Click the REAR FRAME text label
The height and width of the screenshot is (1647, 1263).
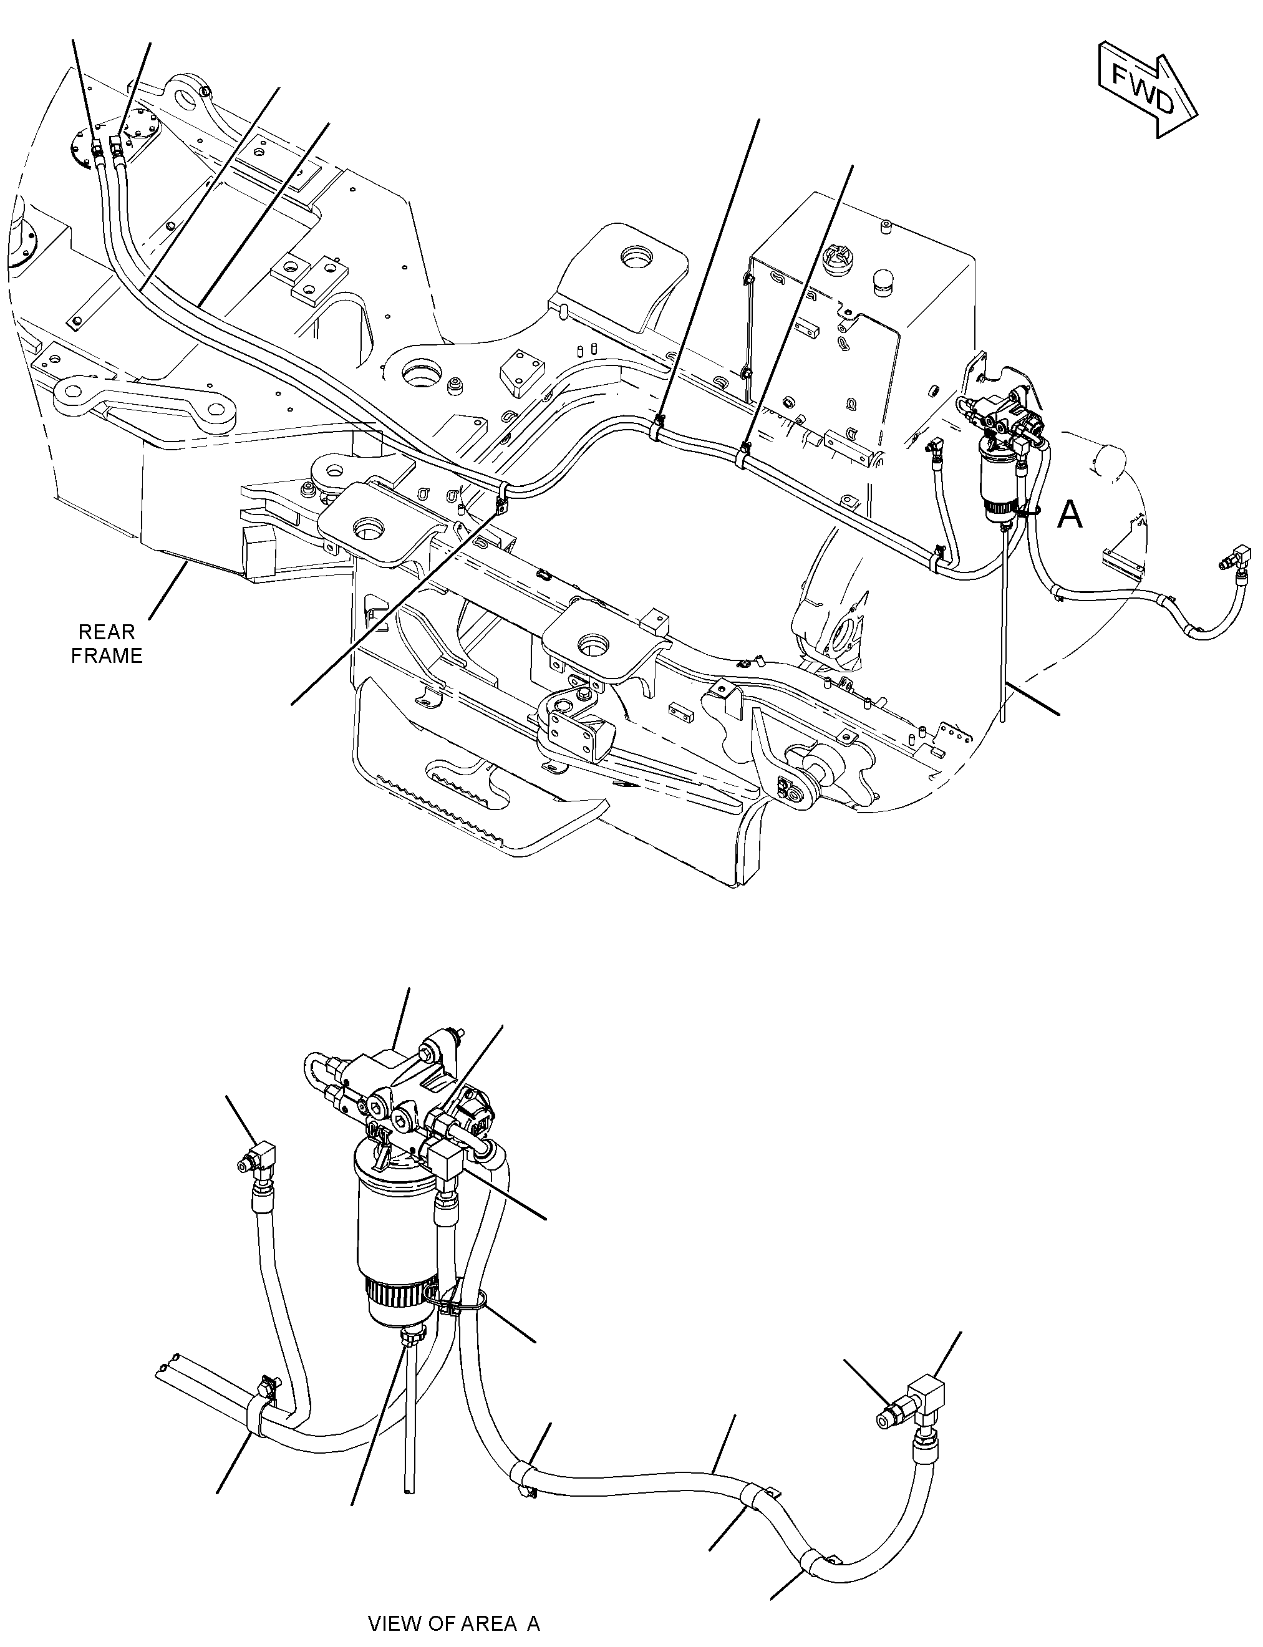point(107,644)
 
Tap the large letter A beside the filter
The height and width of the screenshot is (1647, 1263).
point(1070,515)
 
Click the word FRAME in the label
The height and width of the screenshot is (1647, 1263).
point(107,655)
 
